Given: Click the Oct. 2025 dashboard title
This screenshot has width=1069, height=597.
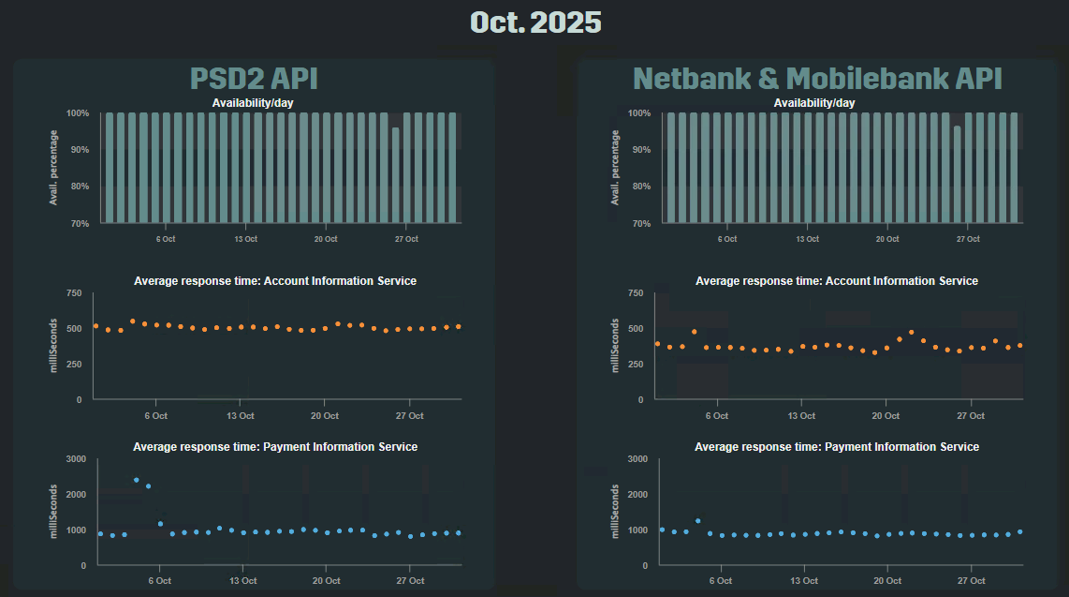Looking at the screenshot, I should coord(534,22).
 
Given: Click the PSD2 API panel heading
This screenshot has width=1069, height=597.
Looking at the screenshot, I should coord(253,78).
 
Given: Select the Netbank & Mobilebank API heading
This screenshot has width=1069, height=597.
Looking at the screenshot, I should coord(817,78).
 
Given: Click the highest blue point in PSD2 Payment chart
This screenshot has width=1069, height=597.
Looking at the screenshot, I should coord(136,480).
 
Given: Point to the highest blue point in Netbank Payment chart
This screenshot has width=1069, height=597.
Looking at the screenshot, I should coord(697,521).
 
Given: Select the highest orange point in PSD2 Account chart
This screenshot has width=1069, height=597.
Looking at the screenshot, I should coord(132,321).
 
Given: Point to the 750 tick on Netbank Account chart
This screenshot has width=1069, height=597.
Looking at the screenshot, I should coord(635,293).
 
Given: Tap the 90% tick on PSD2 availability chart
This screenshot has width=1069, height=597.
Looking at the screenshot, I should coord(78,150).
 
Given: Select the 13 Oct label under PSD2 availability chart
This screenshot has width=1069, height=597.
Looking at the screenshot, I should coord(246,239).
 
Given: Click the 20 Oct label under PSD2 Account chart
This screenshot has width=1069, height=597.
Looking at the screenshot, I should coord(325,415).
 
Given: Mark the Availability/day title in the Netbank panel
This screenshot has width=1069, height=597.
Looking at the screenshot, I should coord(814,102).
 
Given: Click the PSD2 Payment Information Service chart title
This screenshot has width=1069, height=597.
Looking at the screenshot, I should coord(275,447).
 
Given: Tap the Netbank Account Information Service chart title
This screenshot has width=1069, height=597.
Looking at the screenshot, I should coord(837,281).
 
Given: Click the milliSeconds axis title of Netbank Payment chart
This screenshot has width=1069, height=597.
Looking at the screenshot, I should coord(615,512).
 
